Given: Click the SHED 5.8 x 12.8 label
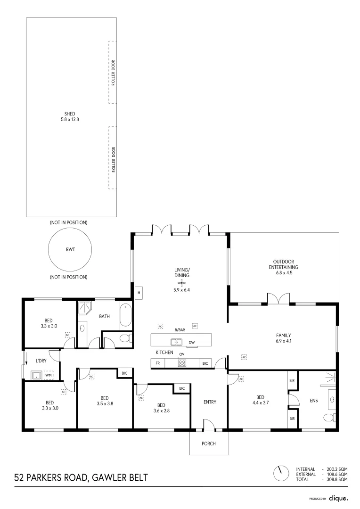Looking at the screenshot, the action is [x=70, y=116].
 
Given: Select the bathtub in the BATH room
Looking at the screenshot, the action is [x=125, y=315].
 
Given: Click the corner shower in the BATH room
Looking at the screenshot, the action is [x=85, y=309].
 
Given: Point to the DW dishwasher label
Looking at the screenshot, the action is [x=191, y=343].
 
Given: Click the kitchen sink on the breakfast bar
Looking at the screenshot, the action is [x=176, y=342].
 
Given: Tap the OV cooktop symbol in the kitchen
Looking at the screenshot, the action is [x=182, y=363].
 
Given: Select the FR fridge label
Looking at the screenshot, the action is [x=157, y=363].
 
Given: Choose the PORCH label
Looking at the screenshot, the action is [x=208, y=443].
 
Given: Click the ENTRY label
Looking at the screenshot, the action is [x=210, y=402].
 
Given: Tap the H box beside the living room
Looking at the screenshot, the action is [x=139, y=293].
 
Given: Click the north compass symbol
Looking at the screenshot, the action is [x=281, y=474].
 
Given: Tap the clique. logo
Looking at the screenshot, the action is [x=338, y=498].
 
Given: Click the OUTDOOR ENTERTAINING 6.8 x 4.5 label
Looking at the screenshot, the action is [x=283, y=267].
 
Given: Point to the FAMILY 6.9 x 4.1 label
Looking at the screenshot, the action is [x=283, y=338].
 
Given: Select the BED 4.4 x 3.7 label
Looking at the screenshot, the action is [x=261, y=400].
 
